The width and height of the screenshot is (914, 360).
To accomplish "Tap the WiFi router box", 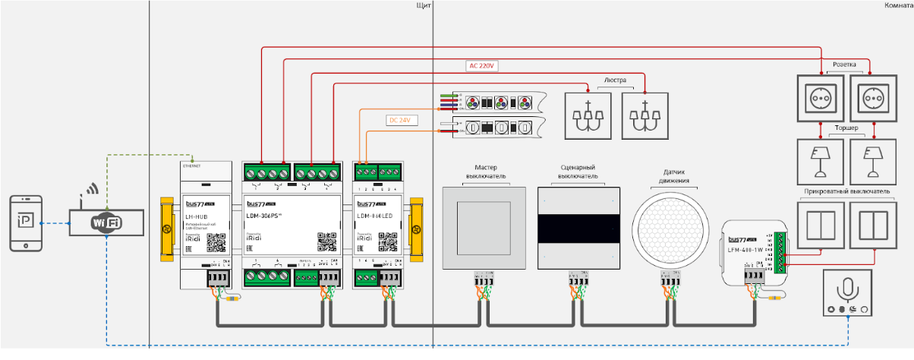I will click(x=106, y=223).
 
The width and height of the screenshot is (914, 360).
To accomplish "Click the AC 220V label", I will click(x=481, y=66).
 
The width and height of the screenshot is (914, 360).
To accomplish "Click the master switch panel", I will click(x=484, y=229).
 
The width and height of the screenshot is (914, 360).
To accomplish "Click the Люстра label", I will click(x=616, y=79).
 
